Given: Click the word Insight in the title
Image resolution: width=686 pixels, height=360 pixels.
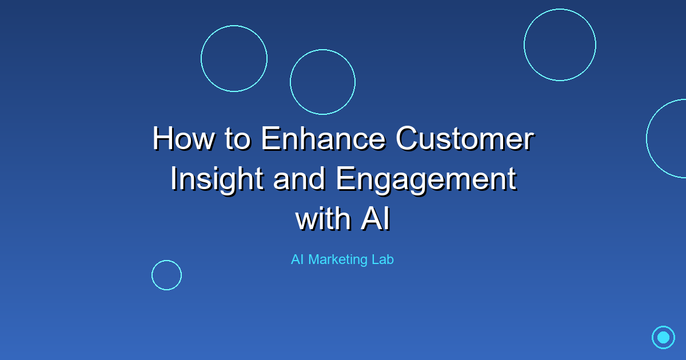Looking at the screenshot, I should coord(217,179).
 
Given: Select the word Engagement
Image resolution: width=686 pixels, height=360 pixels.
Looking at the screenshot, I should coord(426,179).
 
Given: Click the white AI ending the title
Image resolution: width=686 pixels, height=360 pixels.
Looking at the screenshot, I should coord(375,219).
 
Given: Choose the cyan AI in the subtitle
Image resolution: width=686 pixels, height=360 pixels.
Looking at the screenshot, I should coord(297,259).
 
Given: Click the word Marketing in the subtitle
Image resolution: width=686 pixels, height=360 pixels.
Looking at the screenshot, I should coord(337,259).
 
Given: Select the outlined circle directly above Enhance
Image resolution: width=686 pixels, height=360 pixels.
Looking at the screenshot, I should coord(322,82).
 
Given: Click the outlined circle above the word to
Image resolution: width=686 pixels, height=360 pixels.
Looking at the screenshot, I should coord(234,58).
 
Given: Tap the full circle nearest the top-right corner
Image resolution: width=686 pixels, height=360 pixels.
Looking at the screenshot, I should coord(560,45).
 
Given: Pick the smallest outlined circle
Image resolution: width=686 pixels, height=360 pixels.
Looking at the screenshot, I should coord(166,275).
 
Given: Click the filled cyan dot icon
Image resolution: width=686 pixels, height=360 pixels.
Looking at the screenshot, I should coord(663,337).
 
